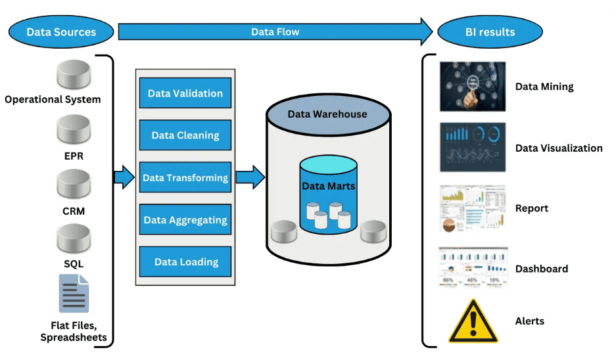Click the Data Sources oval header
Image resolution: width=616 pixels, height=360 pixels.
pyautogui.click(x=61, y=32)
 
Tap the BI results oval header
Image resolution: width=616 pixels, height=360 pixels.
pyautogui.click(x=490, y=32)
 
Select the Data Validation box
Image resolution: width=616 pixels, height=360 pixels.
pyautogui.click(x=185, y=93)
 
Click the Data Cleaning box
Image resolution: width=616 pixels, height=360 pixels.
pyautogui.click(x=185, y=135)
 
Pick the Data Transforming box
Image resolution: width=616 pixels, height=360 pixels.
pyautogui.click(x=185, y=177)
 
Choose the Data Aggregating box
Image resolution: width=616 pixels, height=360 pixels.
pyautogui.click(x=185, y=220)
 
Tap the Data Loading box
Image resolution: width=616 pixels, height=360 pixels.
pyautogui.click(x=185, y=261)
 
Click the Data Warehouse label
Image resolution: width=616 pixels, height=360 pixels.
pyautogui.click(x=327, y=114)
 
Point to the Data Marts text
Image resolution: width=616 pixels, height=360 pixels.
pyautogui.click(x=328, y=186)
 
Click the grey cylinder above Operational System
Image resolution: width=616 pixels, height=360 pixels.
pyautogui.click(x=73, y=76)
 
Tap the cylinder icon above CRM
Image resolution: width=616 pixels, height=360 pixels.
pyautogui.click(x=73, y=185)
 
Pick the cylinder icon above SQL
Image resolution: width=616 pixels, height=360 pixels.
pyautogui.click(x=73, y=239)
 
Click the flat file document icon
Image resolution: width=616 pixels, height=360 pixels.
pyautogui.click(x=73, y=293)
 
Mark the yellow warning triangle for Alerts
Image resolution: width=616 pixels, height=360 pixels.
pyautogui.click(x=473, y=321)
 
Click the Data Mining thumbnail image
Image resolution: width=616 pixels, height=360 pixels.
pyautogui.click(x=473, y=87)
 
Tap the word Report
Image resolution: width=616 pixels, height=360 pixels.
pyautogui.click(x=531, y=208)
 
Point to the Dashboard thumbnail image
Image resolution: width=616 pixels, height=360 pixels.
pyautogui.click(x=473, y=268)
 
